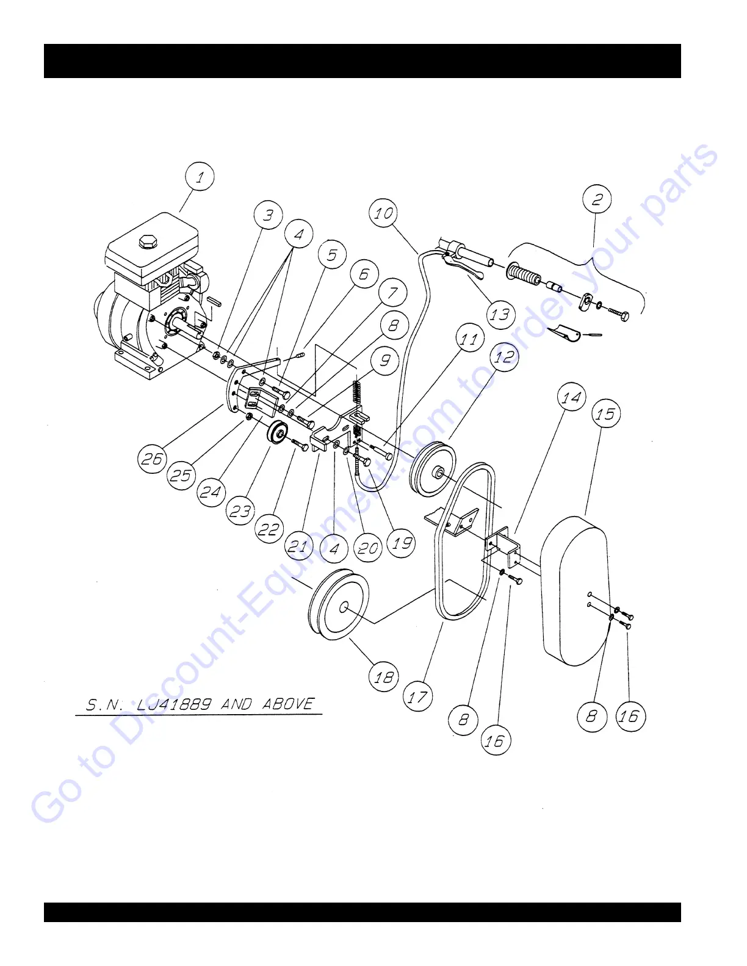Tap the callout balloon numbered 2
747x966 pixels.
tap(597, 199)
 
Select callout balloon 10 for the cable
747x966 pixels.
tap(384, 213)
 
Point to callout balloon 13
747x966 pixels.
tap(500, 315)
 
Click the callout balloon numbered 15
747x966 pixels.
tap(605, 414)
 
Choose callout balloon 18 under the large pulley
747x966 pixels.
tap(384, 677)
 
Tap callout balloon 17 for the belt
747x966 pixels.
tap(418, 696)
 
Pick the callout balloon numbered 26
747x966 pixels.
tap(152, 458)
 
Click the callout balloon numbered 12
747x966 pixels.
tap(504, 357)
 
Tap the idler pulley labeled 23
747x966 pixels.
tap(277, 434)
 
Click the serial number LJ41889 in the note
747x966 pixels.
tap(175, 705)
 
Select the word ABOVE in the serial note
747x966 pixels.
tap(289, 704)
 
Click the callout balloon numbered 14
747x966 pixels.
tap(572, 398)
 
